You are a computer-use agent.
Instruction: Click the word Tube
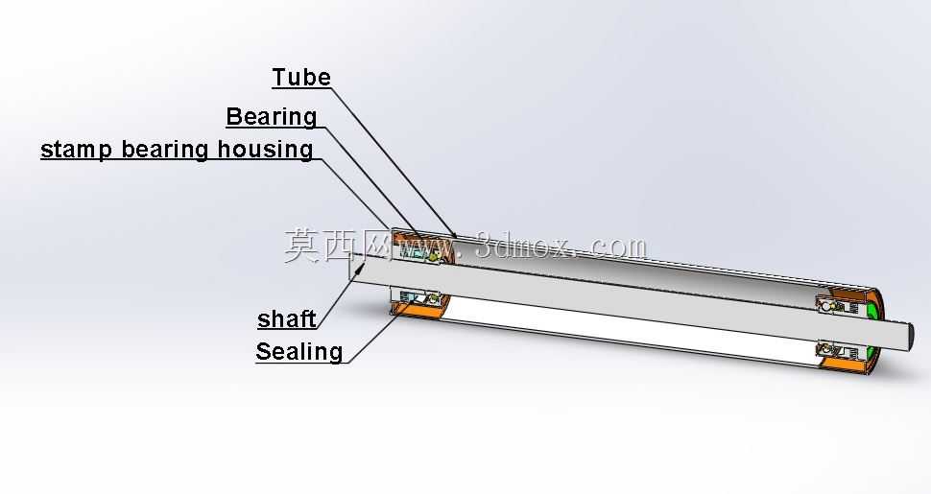pyautogui.click(x=301, y=77)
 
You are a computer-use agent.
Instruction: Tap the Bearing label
pyautogui.click(x=272, y=116)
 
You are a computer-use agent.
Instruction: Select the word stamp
pyautogui.click(x=76, y=150)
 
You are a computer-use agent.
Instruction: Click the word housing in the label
pyautogui.click(x=265, y=149)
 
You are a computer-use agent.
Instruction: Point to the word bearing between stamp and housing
pyautogui.click(x=164, y=149)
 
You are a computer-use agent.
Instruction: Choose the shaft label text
pyautogui.click(x=287, y=318)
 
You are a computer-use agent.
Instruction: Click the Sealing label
pyautogui.click(x=299, y=351)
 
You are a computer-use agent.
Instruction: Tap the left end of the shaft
pyautogui.click(x=351, y=267)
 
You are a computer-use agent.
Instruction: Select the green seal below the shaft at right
pyautogui.click(x=871, y=356)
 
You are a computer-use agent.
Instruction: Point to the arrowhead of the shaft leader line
pyautogui.click(x=359, y=269)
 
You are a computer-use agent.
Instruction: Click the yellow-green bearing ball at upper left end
pyautogui.click(x=433, y=256)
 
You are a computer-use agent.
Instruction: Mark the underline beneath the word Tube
pyautogui.click(x=301, y=88)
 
